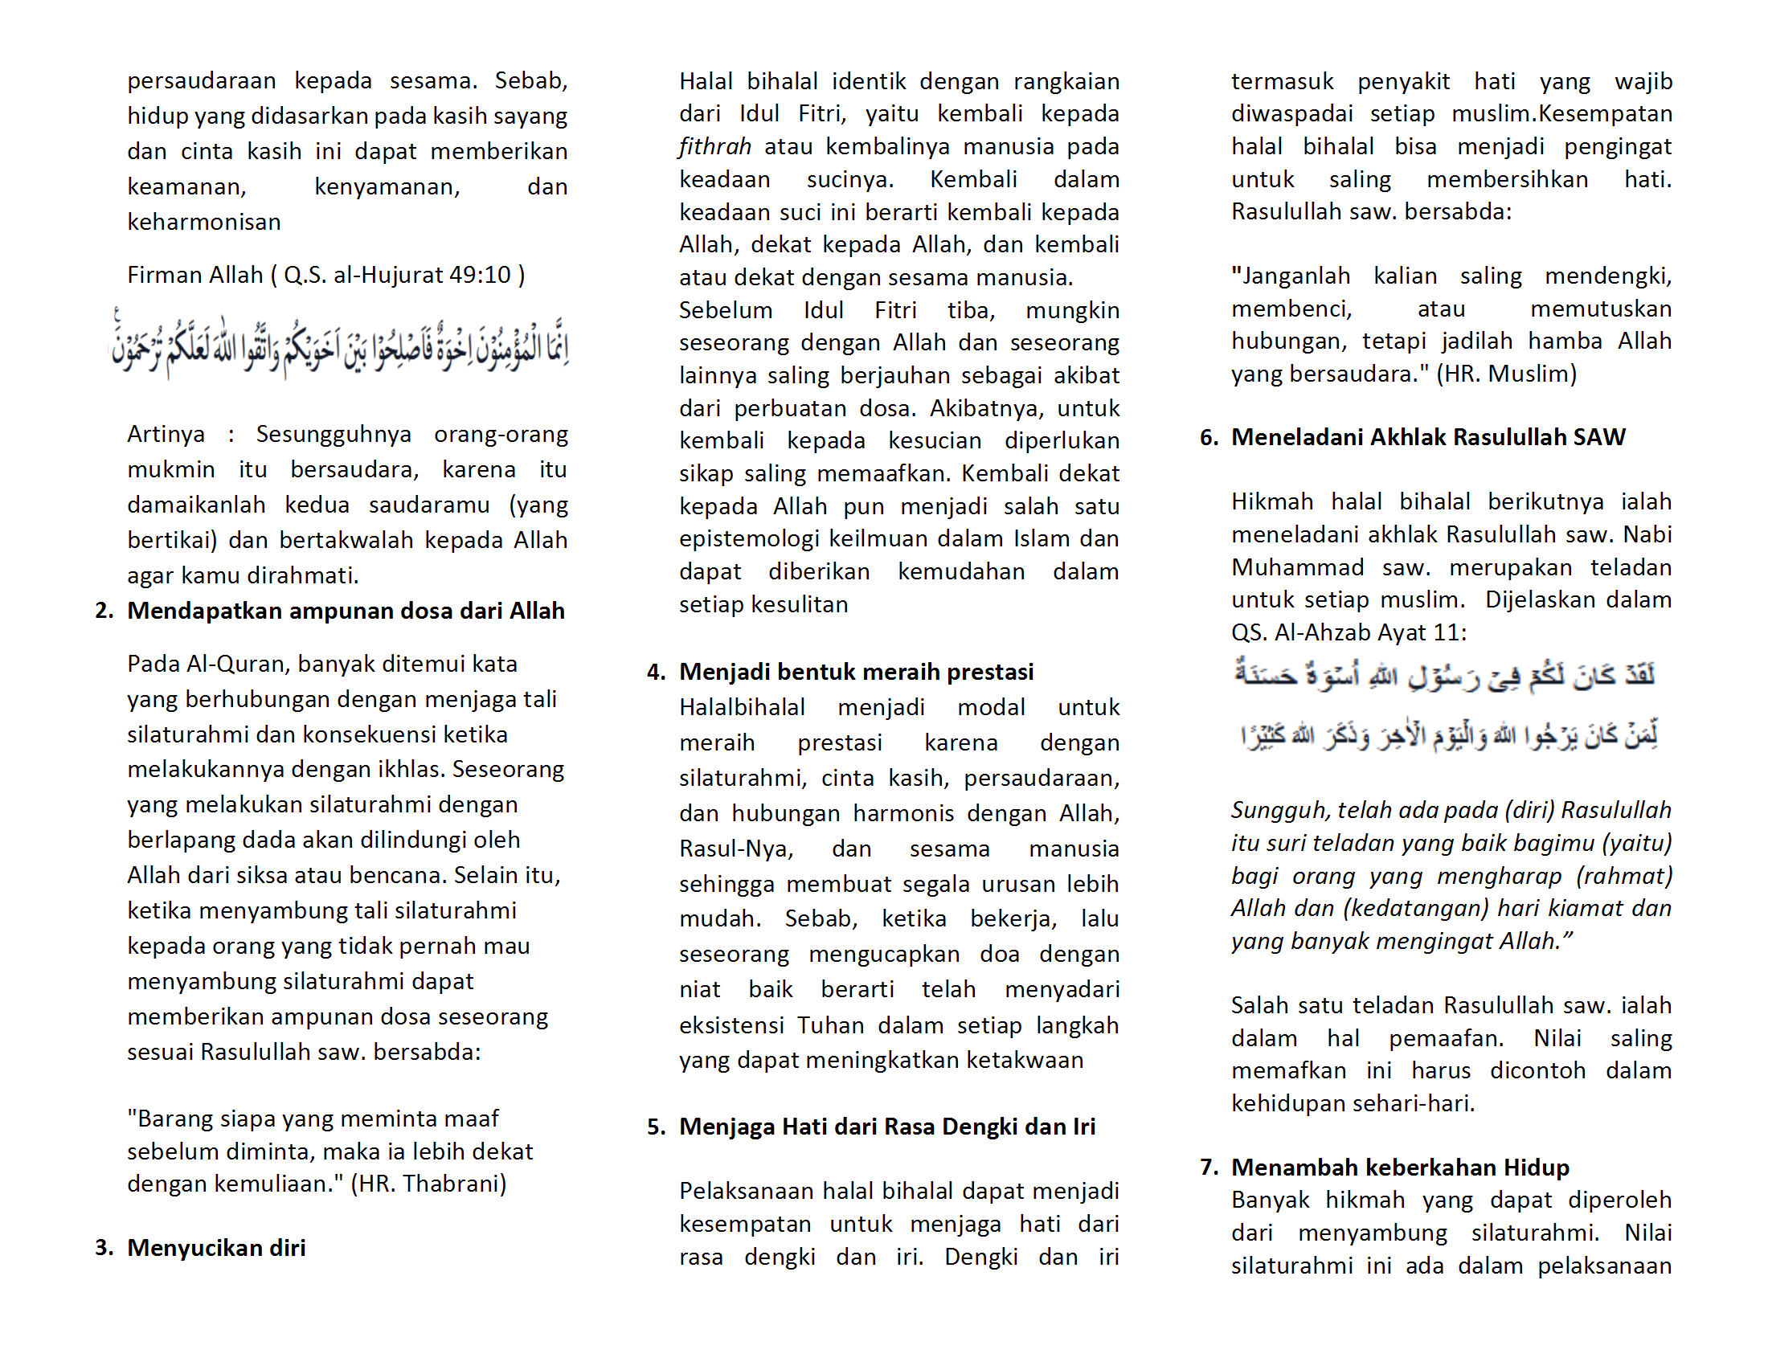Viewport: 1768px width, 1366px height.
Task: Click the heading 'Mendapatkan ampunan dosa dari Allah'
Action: pyautogui.click(x=346, y=610)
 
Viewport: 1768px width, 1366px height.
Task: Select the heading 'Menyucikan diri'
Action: pyautogui.click(x=216, y=1247)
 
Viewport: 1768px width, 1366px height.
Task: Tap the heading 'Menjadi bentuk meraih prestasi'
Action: pyautogui.click(x=856, y=672)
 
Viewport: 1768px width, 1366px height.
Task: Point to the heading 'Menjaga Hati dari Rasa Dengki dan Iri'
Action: pyautogui.click(x=886, y=1127)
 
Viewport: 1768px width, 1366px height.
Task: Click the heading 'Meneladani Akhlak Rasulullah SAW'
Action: pyautogui.click(x=1428, y=437)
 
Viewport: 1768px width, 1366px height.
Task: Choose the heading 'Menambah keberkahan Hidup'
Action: pyautogui.click(x=1400, y=1167)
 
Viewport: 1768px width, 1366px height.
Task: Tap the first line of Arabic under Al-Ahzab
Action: pyautogui.click(x=1444, y=674)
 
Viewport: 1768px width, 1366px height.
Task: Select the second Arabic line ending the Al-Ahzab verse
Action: pyautogui.click(x=1449, y=734)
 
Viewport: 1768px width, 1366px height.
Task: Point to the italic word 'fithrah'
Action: pyautogui.click(x=714, y=146)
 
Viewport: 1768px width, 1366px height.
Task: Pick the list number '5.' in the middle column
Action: pyautogui.click(x=656, y=1127)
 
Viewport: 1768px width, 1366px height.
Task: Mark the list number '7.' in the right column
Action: pyautogui.click(x=1209, y=1167)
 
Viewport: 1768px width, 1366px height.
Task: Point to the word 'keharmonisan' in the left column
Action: pyautogui.click(x=204, y=222)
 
